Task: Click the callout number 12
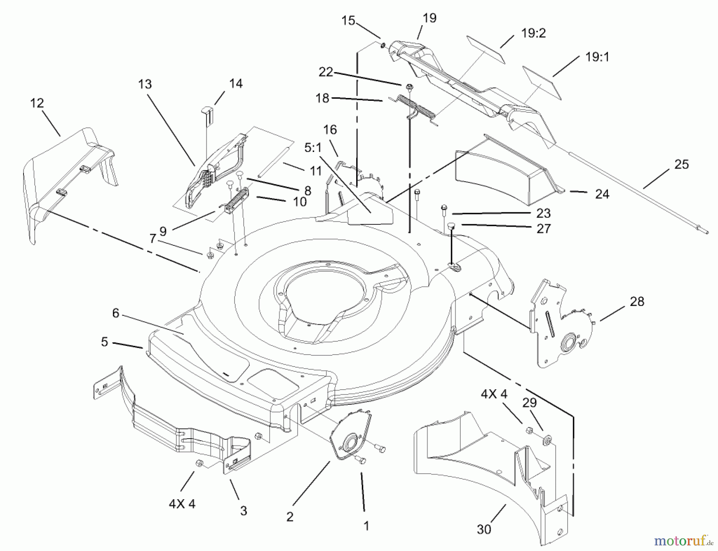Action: (x=37, y=103)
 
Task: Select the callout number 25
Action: (x=681, y=165)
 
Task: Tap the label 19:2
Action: (x=533, y=33)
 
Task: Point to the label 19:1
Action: (x=597, y=57)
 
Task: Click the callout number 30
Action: (x=483, y=529)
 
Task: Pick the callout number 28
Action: (x=637, y=302)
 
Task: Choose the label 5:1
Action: (x=313, y=148)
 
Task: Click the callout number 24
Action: (x=602, y=194)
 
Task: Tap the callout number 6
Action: (x=116, y=313)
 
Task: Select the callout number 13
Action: (x=145, y=84)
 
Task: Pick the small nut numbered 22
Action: (x=408, y=86)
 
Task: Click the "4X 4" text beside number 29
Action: (x=494, y=394)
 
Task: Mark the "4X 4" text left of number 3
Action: (x=182, y=504)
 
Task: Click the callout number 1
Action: (x=366, y=526)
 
